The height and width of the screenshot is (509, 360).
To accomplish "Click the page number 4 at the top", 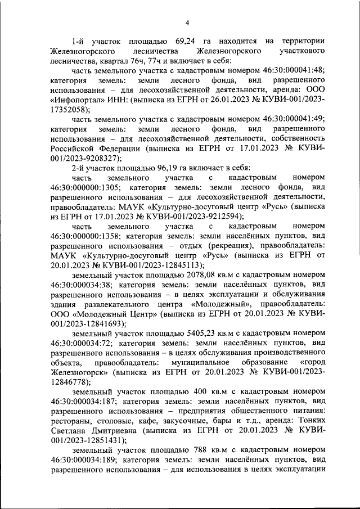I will click(187, 22).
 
